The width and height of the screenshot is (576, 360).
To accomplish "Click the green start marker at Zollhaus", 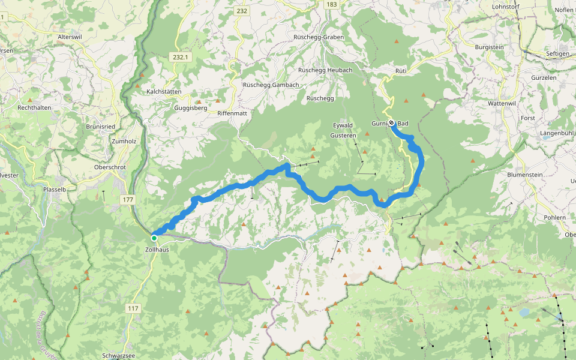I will [154, 238].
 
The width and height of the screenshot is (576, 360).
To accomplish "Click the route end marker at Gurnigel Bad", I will [391, 123].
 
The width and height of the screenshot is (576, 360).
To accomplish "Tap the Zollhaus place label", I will [157, 250].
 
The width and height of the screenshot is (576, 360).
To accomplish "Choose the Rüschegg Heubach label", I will [325, 70].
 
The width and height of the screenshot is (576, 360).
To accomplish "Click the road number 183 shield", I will [331, 4].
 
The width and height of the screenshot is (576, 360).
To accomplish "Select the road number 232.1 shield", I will [180, 57].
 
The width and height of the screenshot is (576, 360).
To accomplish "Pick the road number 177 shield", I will [127, 199].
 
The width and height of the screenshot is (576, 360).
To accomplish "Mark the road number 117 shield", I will [133, 308].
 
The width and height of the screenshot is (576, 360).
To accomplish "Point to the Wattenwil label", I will [503, 103].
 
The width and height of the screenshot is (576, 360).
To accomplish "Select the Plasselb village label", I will [55, 188].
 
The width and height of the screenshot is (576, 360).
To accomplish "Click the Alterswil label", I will [69, 37].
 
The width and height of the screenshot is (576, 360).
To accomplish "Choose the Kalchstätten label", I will [164, 91].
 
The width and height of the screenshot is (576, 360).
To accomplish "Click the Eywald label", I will [343, 125].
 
